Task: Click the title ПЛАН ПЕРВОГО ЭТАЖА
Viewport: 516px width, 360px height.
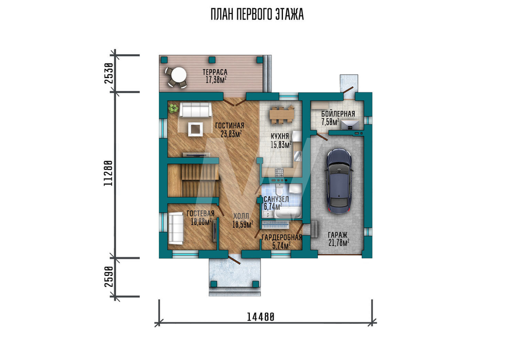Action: [x=257, y=14]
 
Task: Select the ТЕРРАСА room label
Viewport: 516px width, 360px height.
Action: [x=215, y=72]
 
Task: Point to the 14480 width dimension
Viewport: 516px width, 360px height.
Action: [x=261, y=317]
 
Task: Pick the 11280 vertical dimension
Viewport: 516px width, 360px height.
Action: [x=108, y=173]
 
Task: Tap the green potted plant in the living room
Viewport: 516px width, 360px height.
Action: [x=173, y=108]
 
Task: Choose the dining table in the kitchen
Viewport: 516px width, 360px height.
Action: [x=281, y=115]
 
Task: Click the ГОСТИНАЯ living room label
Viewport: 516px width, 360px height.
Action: [x=230, y=126]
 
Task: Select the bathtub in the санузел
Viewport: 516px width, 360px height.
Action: [x=288, y=213]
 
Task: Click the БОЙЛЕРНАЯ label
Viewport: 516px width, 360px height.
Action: [x=338, y=114]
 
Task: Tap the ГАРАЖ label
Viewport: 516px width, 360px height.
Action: [x=337, y=235]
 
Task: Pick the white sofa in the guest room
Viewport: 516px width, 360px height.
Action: [x=176, y=228]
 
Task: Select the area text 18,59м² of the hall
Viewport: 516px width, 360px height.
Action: [x=243, y=225]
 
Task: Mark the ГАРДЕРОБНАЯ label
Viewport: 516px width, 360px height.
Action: [x=282, y=238]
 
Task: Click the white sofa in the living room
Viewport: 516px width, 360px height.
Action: [x=196, y=109]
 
